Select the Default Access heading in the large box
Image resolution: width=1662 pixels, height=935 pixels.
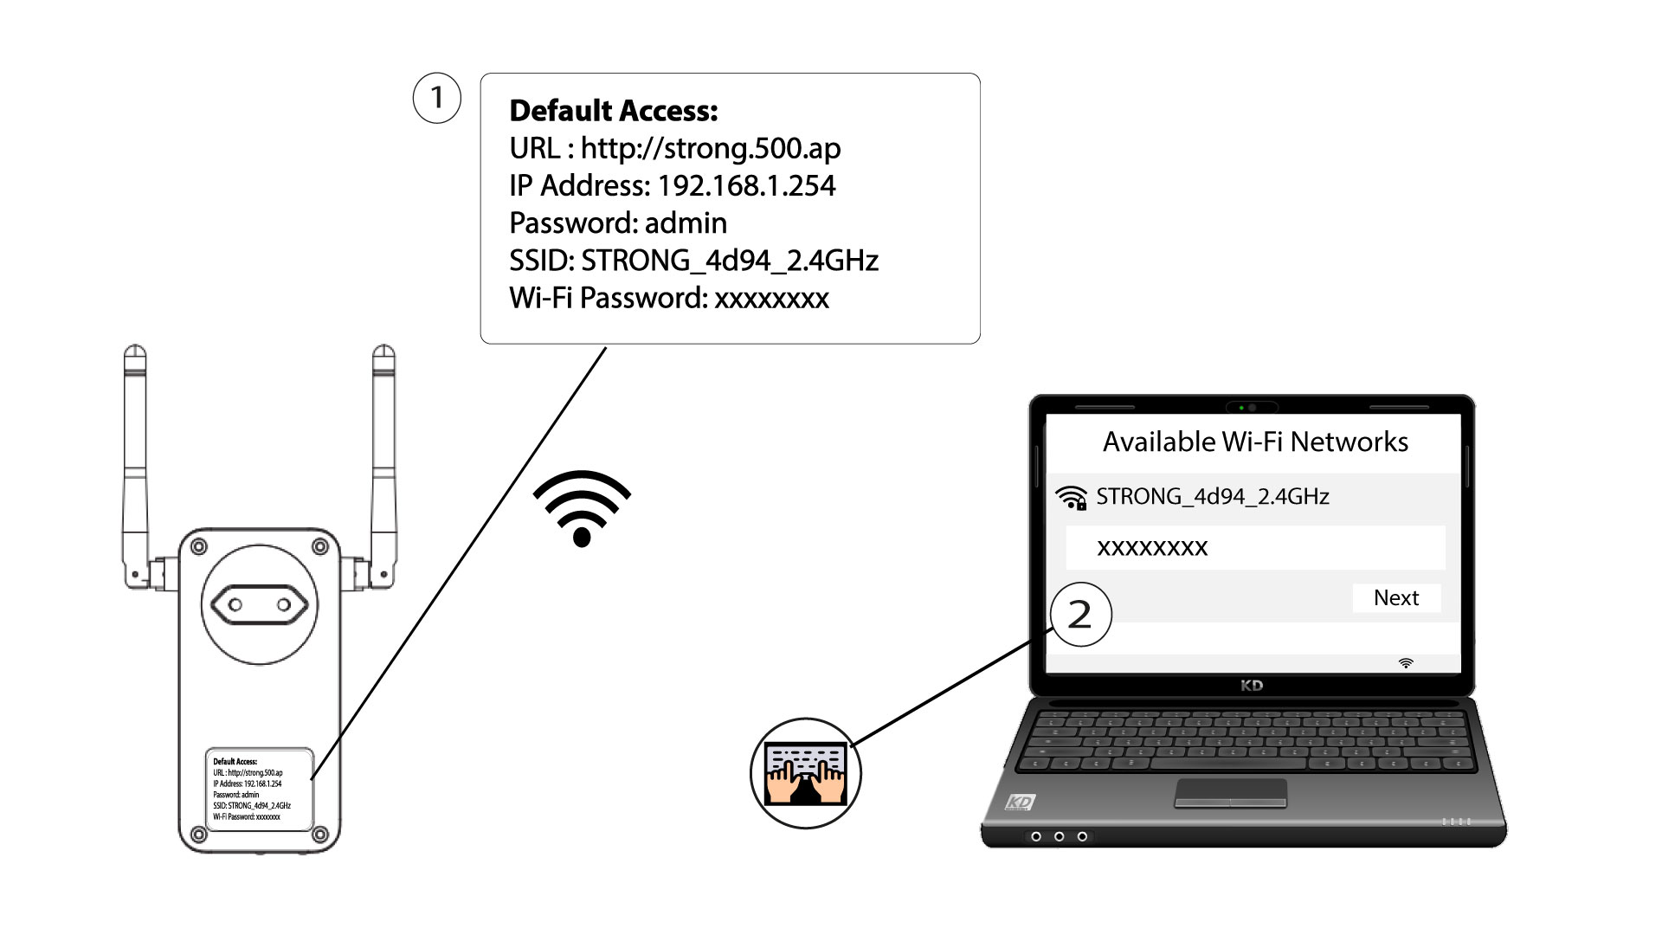(613, 111)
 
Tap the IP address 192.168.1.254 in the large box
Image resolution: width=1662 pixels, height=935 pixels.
(746, 185)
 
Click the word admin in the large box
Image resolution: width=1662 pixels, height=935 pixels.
(686, 223)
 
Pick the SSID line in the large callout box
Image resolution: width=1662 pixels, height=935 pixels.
(693, 261)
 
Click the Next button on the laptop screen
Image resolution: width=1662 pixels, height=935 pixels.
(1396, 597)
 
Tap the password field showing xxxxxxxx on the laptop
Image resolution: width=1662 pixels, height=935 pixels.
(1255, 547)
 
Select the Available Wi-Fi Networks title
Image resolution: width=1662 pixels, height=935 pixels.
(1255, 442)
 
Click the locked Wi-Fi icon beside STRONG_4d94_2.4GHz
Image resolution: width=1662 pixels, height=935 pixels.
(1072, 498)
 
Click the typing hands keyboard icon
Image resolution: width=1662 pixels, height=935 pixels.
(806, 773)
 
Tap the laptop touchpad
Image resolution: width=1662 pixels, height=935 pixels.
(1230, 792)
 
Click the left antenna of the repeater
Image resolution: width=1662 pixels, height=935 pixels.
(136, 467)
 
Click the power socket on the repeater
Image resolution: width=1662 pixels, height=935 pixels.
(260, 605)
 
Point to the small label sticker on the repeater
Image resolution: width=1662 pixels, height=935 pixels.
(259, 790)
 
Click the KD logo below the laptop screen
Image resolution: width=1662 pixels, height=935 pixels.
(1252, 686)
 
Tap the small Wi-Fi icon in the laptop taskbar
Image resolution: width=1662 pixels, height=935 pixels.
(1406, 663)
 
